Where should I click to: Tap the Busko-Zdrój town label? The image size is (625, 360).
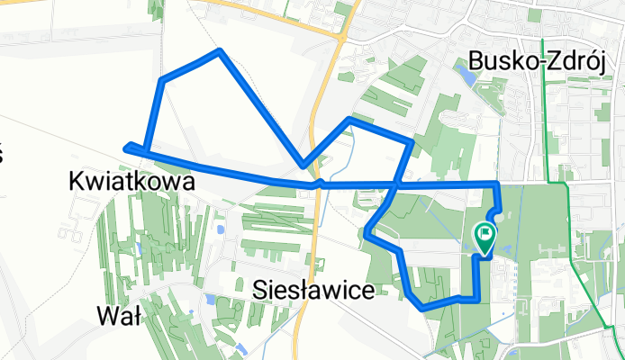(542, 61)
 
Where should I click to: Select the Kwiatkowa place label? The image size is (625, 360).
(131, 181)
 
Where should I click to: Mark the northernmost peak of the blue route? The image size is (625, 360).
(220, 51)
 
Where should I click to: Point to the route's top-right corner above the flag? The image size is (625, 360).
(496, 184)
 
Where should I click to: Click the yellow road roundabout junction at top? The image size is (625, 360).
(343, 37)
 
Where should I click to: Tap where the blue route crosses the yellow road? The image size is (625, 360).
(317, 184)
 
